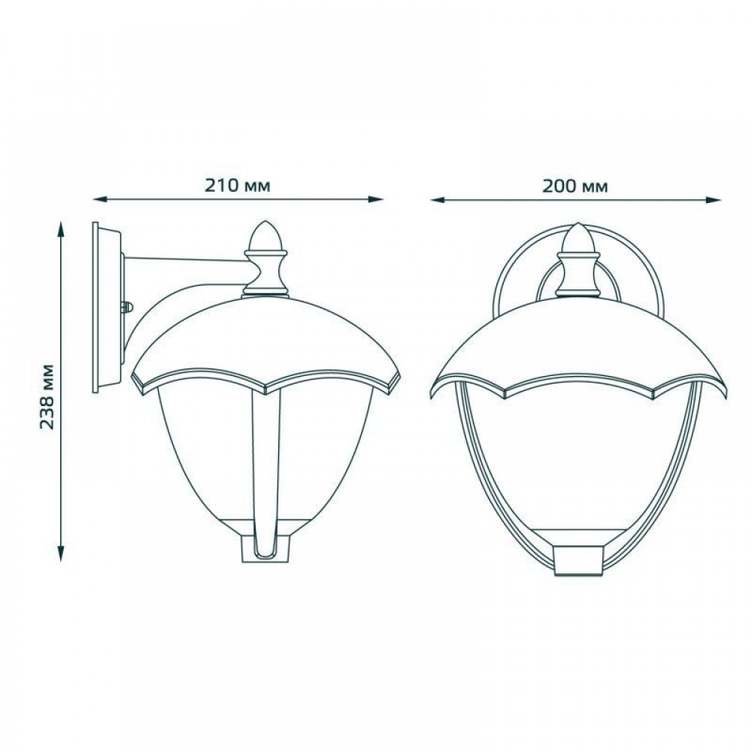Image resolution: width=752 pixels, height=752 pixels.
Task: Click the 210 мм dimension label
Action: [x=238, y=185]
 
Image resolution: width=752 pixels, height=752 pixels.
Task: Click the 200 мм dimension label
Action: [x=575, y=185]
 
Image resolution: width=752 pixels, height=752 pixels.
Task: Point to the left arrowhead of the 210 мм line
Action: [x=99, y=199]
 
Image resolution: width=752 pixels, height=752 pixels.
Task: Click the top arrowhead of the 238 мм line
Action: [x=61, y=229]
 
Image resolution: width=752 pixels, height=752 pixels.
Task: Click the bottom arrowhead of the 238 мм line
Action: [x=61, y=554]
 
